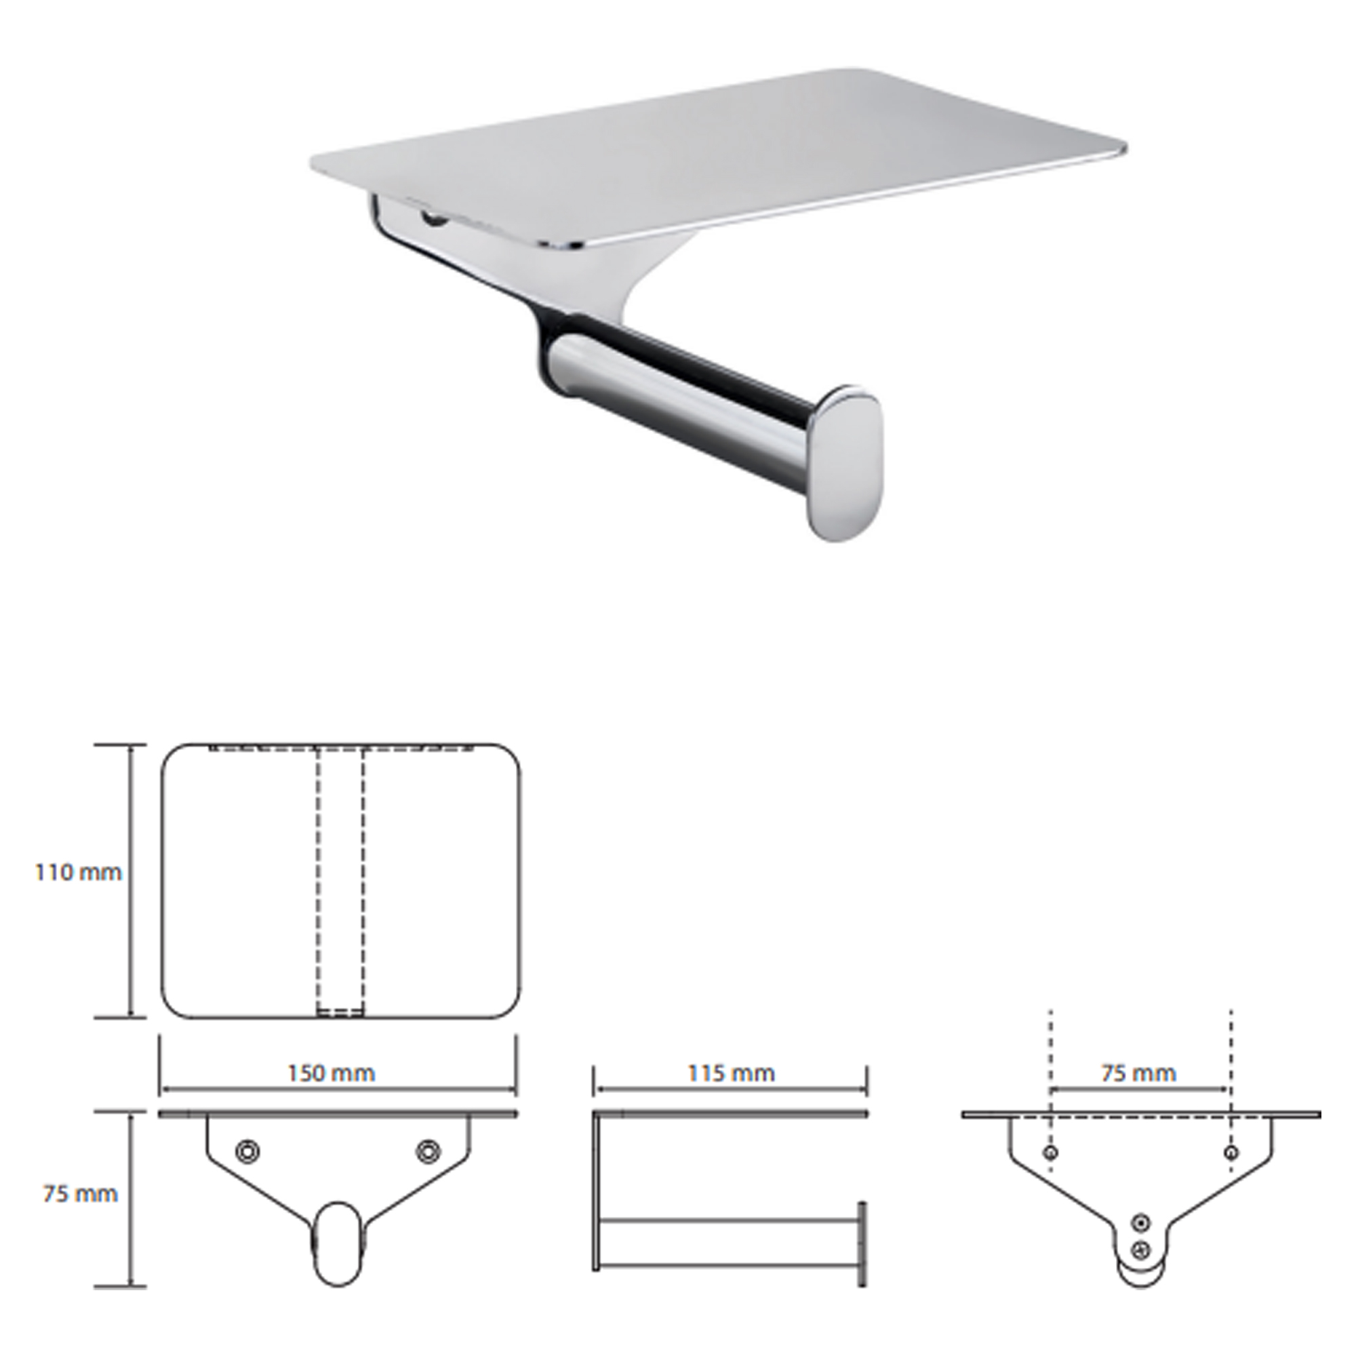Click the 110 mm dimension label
[79, 873]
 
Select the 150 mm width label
[332, 1073]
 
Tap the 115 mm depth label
[731, 1073]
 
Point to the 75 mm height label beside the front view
[80, 1194]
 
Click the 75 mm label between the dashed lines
[1138, 1073]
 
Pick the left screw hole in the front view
[247, 1151]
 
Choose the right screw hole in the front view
[426, 1151]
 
